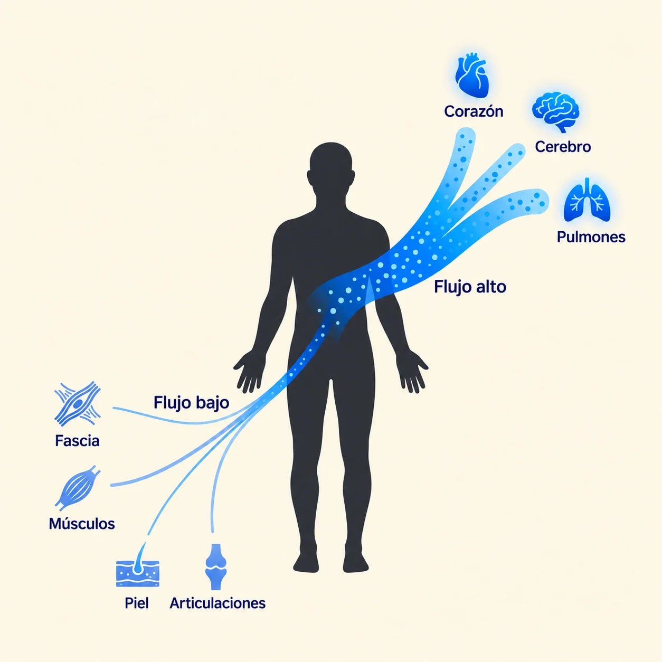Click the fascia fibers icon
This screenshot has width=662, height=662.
click(78, 404)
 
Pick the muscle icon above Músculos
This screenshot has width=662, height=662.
click(78, 488)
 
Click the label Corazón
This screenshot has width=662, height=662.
click(474, 111)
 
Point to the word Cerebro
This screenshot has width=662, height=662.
click(563, 147)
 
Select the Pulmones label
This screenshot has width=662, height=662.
click(591, 237)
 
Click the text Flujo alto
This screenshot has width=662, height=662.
click(470, 287)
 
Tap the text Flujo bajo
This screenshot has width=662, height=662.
click(191, 402)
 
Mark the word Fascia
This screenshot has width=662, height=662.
click(77, 441)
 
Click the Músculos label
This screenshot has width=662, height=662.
click(82, 524)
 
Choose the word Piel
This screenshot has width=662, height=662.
click(136, 603)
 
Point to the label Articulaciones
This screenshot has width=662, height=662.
click(217, 603)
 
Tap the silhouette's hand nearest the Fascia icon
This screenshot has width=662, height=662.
click(250, 372)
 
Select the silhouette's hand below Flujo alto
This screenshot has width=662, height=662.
click(412, 372)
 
